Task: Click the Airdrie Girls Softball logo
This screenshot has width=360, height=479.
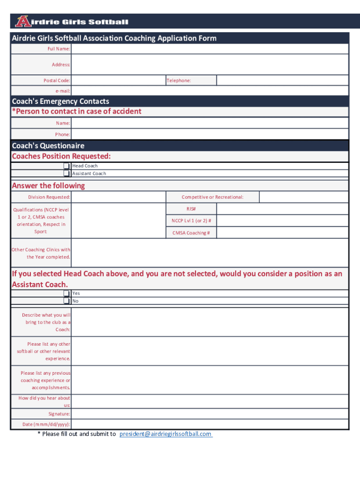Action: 71,22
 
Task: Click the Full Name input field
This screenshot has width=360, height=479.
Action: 209,49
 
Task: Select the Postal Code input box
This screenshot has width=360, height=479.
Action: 118,80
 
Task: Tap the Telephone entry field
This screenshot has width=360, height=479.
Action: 282,80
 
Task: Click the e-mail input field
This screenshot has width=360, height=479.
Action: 209,91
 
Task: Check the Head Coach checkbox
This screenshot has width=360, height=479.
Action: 67,166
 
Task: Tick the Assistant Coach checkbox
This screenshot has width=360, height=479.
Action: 67,174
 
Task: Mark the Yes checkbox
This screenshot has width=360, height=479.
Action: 67,294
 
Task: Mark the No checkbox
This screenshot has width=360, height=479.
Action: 67,301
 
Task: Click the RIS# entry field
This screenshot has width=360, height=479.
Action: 282,209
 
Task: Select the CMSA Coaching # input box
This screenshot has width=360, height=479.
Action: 282,232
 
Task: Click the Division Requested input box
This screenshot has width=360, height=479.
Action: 118,197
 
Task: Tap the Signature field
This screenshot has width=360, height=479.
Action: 209,414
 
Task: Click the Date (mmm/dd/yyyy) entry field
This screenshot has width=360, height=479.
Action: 209,424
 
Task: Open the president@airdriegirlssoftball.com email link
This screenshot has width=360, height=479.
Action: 166,434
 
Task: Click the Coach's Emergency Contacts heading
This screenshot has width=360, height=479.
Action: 60,102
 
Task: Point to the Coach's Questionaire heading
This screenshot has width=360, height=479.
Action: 48,146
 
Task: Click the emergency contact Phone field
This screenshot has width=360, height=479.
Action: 209,134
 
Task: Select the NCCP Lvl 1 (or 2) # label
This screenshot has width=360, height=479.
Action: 191,221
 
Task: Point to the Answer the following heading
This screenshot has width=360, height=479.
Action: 48,186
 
